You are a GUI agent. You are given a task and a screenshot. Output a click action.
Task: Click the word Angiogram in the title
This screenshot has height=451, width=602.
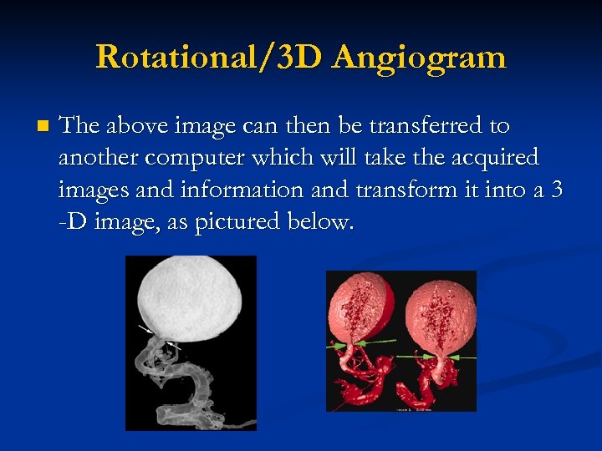click(x=419, y=58)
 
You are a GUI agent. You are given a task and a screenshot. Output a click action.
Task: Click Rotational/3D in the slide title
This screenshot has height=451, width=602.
click(x=208, y=58)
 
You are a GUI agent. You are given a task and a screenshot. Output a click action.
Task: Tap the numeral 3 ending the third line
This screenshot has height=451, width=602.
click(x=557, y=190)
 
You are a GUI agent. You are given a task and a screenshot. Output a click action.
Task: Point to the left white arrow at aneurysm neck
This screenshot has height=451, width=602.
click(x=144, y=330)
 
